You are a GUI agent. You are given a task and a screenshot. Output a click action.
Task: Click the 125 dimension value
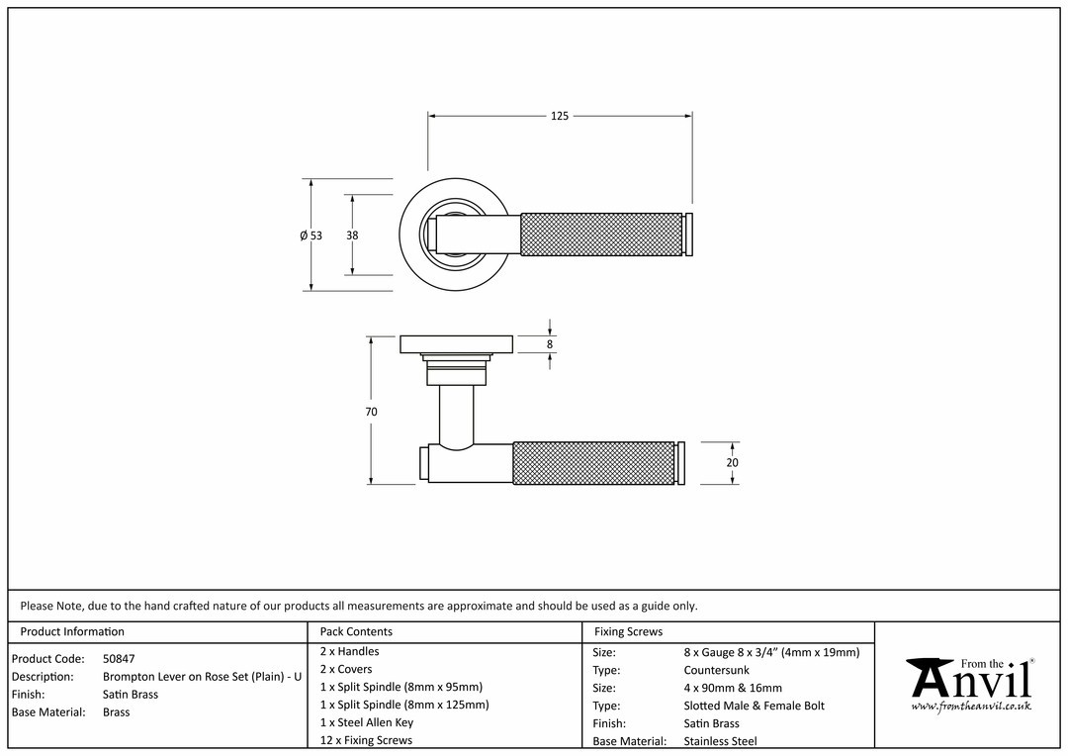tap(559, 116)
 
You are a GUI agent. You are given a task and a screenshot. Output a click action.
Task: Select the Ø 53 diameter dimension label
tap(311, 236)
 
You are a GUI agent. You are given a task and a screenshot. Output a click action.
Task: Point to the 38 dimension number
tap(352, 236)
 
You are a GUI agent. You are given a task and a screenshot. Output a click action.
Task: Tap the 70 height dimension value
tap(371, 411)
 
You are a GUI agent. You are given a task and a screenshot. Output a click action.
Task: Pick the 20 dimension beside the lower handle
tap(732, 462)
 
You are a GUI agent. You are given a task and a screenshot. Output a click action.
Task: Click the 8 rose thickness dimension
tap(551, 344)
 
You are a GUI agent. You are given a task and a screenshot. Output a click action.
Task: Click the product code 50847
tap(119, 658)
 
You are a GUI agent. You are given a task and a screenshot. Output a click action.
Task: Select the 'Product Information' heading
tap(72, 631)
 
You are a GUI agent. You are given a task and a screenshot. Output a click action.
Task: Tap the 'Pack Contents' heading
tap(356, 631)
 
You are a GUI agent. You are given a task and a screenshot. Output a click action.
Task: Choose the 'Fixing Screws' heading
tap(628, 631)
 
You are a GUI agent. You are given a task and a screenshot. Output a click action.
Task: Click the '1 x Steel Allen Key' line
tap(367, 722)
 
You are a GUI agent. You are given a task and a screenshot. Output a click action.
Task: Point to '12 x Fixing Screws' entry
tap(367, 739)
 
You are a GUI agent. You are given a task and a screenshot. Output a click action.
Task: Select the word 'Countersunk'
tap(717, 670)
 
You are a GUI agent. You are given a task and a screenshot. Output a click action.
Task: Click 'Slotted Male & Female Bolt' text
tap(754, 706)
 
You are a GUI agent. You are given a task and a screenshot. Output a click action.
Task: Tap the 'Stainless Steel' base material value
tap(721, 741)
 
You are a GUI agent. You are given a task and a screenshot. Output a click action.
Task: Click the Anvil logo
tap(970, 685)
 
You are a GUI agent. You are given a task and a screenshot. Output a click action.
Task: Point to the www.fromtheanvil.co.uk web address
tap(971, 707)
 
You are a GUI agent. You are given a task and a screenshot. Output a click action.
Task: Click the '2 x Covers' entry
tap(346, 669)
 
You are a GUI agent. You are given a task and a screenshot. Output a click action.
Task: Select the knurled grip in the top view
tap(601, 236)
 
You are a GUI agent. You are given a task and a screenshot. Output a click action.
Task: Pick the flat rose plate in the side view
tap(457, 344)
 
